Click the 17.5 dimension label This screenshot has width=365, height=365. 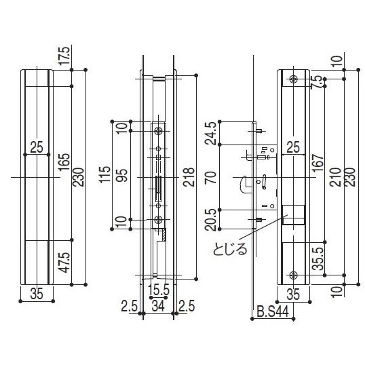(64, 56)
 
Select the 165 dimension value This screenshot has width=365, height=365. (64, 162)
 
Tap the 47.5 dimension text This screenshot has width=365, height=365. (64, 263)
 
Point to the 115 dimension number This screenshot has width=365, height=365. (104, 175)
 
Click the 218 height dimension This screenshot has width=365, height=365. (189, 177)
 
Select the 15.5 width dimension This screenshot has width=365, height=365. (159, 290)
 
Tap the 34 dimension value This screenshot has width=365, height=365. (158, 306)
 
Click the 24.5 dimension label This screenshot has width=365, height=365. (211, 133)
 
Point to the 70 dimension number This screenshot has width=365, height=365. (211, 178)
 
